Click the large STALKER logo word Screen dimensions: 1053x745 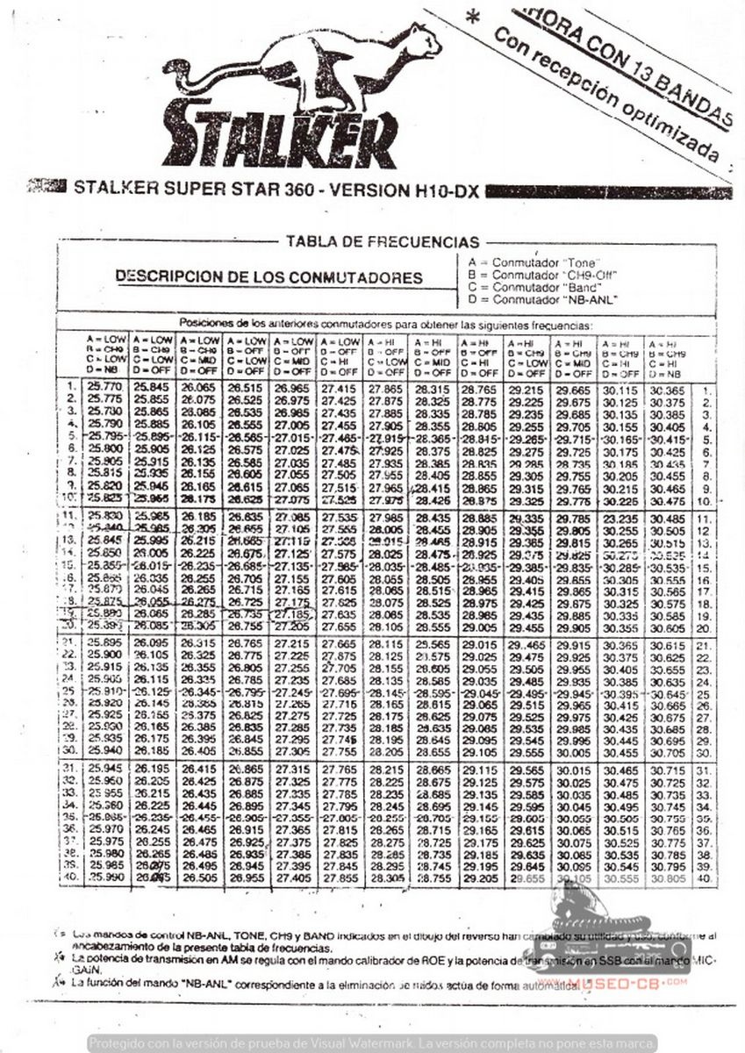click(279, 133)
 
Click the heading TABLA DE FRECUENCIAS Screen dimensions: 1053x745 click(383, 242)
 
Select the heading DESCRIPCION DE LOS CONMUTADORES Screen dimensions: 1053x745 click(269, 277)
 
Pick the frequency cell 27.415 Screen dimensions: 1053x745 click(340, 385)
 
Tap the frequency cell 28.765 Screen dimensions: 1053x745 click(481, 385)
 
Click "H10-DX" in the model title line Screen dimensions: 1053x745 click(443, 190)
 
